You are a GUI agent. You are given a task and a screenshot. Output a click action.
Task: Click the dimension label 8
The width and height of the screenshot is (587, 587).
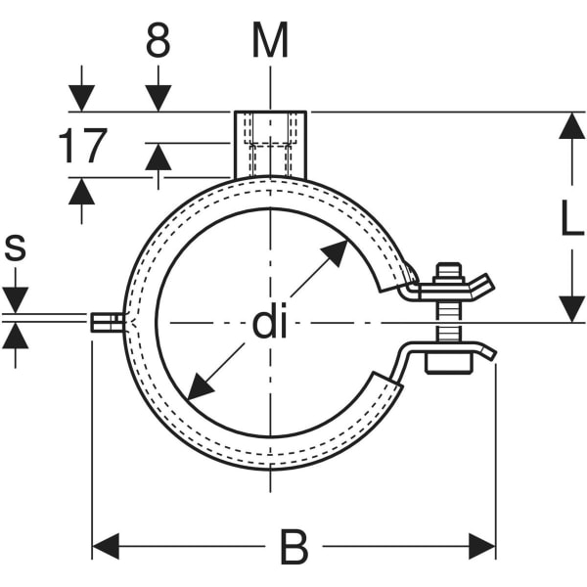(x=158, y=42)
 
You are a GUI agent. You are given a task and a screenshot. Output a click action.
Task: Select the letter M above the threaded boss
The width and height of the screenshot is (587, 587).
(x=270, y=41)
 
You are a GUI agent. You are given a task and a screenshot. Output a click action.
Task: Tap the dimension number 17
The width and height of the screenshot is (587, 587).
(x=81, y=147)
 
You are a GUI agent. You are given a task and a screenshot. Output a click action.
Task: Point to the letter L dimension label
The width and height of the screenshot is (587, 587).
(x=571, y=219)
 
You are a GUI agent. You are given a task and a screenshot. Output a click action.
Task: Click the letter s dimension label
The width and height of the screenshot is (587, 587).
(x=15, y=248)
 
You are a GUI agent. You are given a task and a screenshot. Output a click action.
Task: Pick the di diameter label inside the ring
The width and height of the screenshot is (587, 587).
(x=271, y=323)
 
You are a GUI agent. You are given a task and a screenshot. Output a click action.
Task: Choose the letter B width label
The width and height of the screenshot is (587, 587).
(x=293, y=548)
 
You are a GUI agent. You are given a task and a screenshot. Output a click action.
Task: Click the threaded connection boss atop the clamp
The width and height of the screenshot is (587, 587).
(x=270, y=144)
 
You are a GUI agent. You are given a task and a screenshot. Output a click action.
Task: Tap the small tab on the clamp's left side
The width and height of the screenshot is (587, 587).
(x=106, y=323)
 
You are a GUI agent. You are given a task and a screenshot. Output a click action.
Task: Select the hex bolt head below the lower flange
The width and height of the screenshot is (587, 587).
(x=449, y=363)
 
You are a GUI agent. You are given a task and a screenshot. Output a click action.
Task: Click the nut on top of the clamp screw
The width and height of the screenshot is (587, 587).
(x=448, y=273)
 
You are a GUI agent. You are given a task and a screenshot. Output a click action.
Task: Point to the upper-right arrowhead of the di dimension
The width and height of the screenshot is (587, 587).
(x=336, y=251)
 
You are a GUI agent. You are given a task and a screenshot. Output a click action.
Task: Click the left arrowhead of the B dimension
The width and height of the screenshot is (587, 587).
(x=105, y=546)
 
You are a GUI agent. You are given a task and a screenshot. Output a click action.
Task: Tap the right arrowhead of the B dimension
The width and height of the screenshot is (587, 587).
(x=482, y=546)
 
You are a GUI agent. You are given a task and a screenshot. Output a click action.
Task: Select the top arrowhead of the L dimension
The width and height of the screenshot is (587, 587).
(x=571, y=126)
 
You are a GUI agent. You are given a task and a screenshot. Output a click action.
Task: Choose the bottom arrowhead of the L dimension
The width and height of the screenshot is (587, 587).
(x=571, y=309)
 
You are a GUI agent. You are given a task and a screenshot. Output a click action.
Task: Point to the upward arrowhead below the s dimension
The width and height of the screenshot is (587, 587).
(x=15, y=338)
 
